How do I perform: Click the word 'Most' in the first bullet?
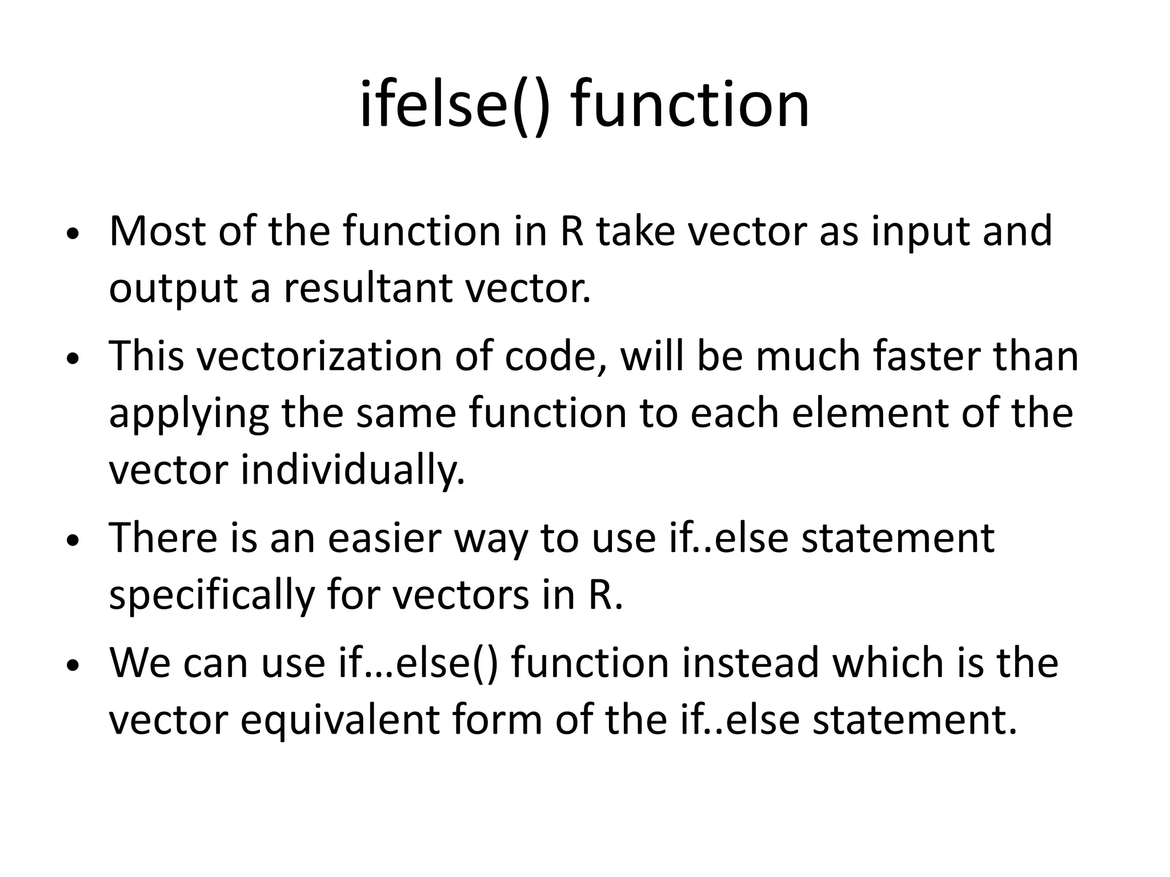(x=158, y=231)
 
